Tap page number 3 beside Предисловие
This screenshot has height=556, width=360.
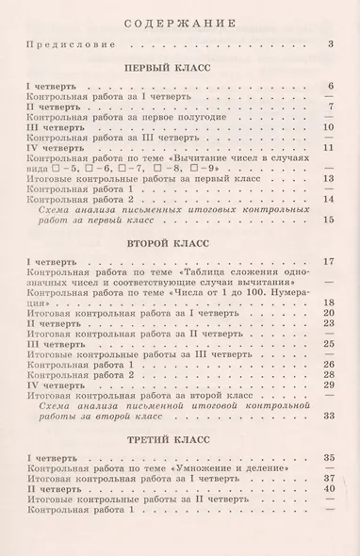(331, 44)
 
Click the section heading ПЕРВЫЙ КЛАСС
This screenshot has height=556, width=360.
(180, 69)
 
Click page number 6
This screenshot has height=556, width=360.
(331, 87)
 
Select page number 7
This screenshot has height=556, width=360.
(331, 106)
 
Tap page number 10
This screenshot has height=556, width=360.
(329, 127)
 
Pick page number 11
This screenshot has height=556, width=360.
(329, 148)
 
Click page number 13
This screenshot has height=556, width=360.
(329, 178)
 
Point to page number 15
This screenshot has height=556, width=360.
(329, 220)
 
